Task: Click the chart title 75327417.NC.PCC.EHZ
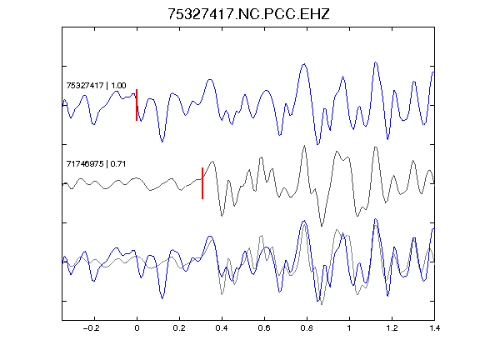click(248, 14)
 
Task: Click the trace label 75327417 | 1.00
click(96, 85)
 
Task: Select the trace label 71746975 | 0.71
click(96, 164)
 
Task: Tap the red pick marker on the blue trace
click(137, 105)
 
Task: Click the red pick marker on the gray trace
click(202, 183)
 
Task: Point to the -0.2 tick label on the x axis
click(92, 328)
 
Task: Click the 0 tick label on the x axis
click(137, 328)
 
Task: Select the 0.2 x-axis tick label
click(179, 328)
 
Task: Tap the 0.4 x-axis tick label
click(222, 328)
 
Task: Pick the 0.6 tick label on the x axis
click(264, 328)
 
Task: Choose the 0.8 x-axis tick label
click(307, 328)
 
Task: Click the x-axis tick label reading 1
click(349, 328)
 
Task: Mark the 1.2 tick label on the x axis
click(392, 328)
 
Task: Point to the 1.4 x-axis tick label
click(434, 328)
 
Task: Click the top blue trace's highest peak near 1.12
click(376, 62)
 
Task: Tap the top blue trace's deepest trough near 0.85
click(317, 144)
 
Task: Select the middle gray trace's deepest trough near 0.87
click(322, 226)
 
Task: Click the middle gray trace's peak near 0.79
click(304, 146)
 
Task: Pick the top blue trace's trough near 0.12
click(162, 142)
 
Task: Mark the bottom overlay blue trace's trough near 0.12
click(162, 298)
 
